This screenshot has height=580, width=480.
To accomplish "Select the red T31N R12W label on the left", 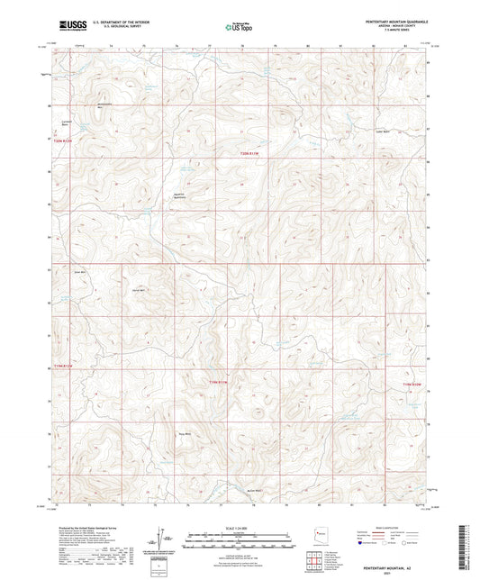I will (59, 369).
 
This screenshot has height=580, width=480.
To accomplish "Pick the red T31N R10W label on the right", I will (412, 385).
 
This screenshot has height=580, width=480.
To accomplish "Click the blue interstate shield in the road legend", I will (362, 543).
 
